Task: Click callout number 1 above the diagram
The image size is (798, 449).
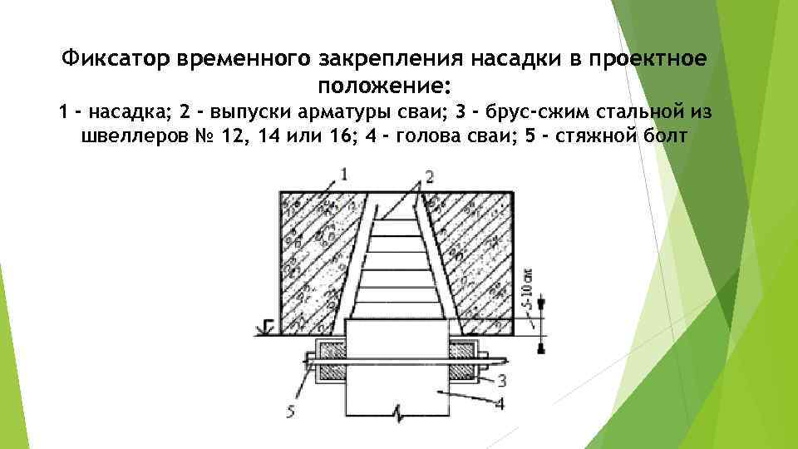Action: [x=344, y=173]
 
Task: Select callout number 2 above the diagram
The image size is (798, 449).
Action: [x=429, y=175]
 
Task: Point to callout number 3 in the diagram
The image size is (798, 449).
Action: [x=501, y=381]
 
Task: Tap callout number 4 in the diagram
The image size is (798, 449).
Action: [x=501, y=404]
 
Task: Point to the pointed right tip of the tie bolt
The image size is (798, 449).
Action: [x=508, y=360]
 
